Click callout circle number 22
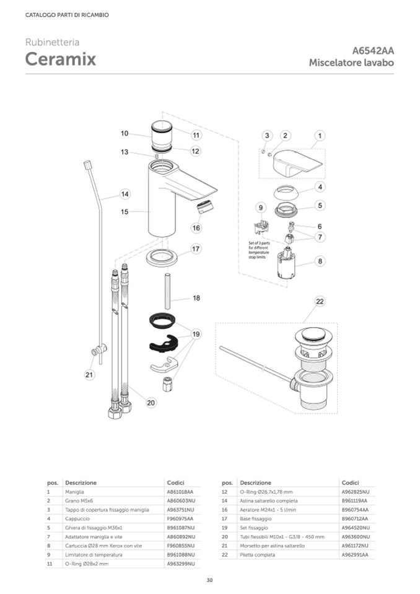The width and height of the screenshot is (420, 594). click(x=320, y=302)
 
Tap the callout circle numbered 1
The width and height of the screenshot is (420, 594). click(x=320, y=135)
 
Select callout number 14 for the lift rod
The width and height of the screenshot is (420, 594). click(x=125, y=194)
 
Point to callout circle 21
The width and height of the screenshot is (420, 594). click(x=89, y=374)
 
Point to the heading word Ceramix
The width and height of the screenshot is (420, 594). click(x=60, y=59)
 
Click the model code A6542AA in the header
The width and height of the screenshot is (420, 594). click(x=373, y=51)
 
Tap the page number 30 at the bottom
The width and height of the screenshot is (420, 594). click(x=210, y=580)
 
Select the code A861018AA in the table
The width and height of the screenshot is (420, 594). click(x=180, y=491)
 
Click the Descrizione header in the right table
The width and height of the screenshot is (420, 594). click(x=255, y=483)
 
